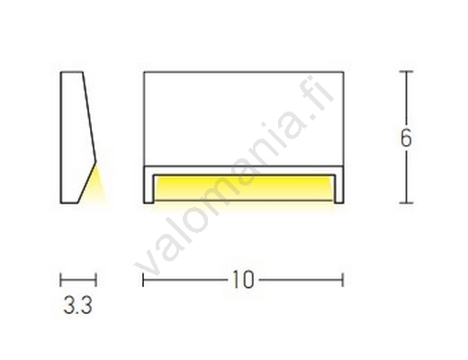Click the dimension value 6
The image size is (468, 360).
pos(406,139)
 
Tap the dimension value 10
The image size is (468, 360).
pos(243,280)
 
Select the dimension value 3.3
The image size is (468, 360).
pos(77,304)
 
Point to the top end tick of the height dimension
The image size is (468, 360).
pos(406,72)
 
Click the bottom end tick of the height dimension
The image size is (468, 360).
pos(406,203)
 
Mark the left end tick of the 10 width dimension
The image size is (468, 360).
pos(143,280)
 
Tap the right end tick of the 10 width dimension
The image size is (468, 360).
pos(343,280)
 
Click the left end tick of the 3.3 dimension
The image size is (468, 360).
pos(60,280)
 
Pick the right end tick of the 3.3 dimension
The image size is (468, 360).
pos(95,280)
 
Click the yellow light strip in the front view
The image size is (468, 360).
pos(244,188)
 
